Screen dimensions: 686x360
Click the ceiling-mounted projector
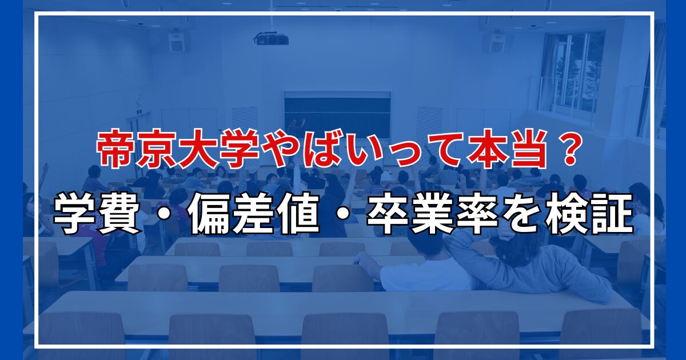(272, 39)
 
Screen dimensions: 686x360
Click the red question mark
(565, 150)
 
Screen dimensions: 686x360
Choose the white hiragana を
(524, 214)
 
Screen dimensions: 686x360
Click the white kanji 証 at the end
(612, 214)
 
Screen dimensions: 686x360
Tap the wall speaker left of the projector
(177, 42)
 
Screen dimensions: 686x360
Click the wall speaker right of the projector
(496, 43)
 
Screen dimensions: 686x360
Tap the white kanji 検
(569, 214)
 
